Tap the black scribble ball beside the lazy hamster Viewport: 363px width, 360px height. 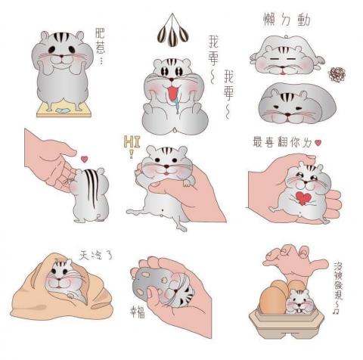(x=335, y=73)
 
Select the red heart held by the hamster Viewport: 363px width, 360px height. (x=303, y=198)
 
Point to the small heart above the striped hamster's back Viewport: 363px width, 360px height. (x=84, y=159)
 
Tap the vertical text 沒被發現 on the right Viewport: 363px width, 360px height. (x=340, y=284)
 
